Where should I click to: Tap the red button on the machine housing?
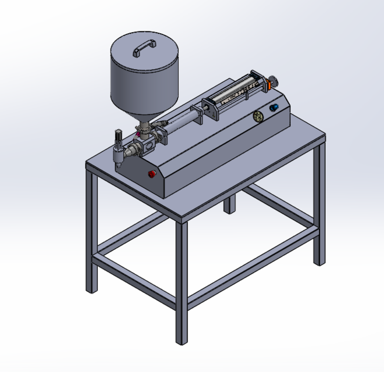(152, 174)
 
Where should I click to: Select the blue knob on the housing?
(275, 108)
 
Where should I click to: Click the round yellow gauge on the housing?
(258, 117)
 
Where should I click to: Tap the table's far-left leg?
(91, 233)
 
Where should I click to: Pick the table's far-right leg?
(319, 203)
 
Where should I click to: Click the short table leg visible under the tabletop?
(231, 203)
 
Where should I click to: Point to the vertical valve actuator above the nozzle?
(118, 138)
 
